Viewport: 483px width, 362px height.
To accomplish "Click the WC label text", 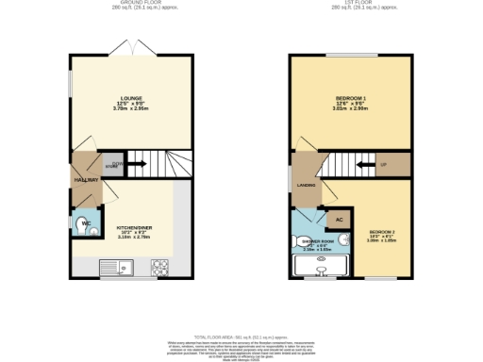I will (84, 224).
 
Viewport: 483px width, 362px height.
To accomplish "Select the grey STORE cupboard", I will (113, 163).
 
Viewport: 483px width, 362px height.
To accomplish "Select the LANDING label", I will (307, 185).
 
